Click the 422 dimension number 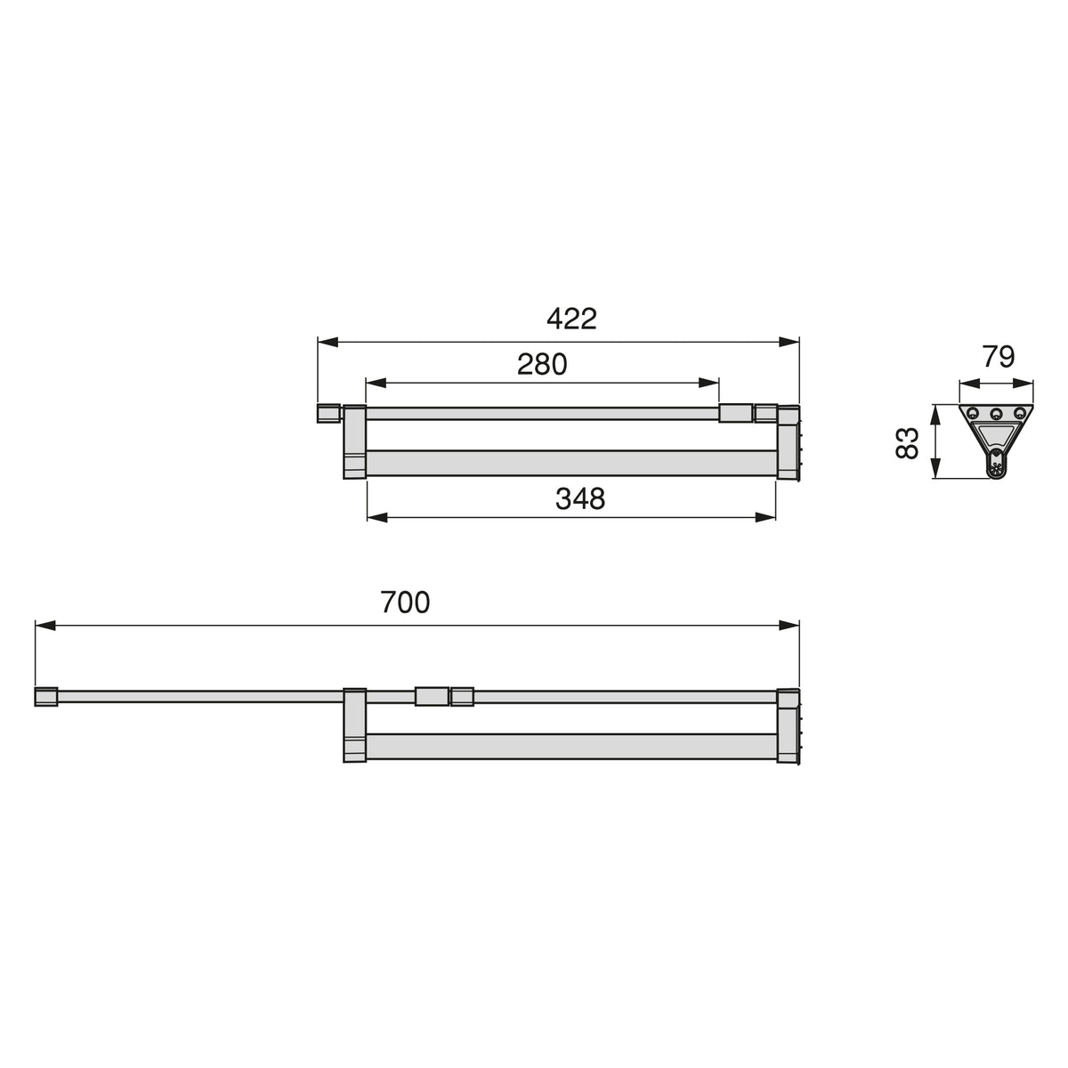(571, 319)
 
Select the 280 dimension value (542, 364)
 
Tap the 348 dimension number (580, 498)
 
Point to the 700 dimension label (405, 602)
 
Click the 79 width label (999, 357)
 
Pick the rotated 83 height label (907, 443)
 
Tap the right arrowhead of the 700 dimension (789, 626)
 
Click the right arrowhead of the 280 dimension (708, 383)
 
